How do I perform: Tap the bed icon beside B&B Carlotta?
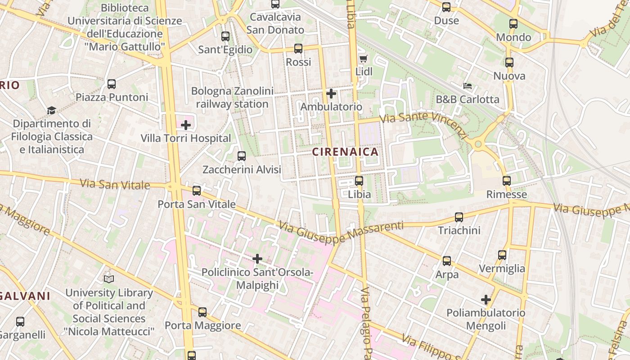pyautogui.click(x=468, y=86)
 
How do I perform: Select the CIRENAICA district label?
pyautogui.click(x=345, y=152)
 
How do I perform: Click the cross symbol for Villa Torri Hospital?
pyautogui.click(x=186, y=125)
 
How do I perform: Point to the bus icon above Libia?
pyautogui.click(x=359, y=181)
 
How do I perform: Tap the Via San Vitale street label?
pyautogui.click(x=115, y=184)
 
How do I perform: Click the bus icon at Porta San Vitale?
pyautogui.click(x=197, y=191)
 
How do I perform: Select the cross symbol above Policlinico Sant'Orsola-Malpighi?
pyautogui.click(x=257, y=259)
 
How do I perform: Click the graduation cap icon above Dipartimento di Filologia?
pyautogui.click(x=51, y=111)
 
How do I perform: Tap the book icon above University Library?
pyautogui.click(x=109, y=279)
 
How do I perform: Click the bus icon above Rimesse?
pyautogui.click(x=507, y=181)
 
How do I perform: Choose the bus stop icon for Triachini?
pyautogui.click(x=459, y=217)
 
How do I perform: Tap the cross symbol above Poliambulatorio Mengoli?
pyautogui.click(x=486, y=300)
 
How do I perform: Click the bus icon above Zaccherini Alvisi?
pyautogui.click(x=242, y=156)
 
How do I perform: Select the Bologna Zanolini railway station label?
pyautogui.click(x=232, y=98)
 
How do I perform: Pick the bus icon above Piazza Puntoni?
pyautogui.click(x=112, y=84)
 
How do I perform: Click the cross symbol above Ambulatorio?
pyautogui.click(x=331, y=94)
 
